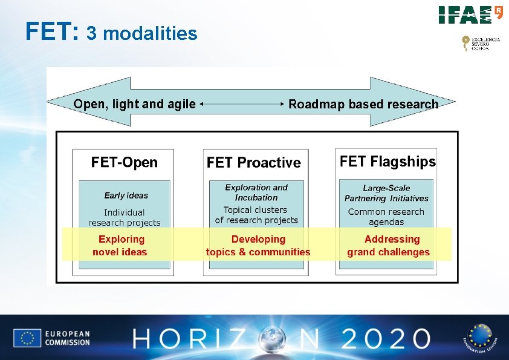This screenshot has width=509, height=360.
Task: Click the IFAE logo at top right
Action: coord(470,15)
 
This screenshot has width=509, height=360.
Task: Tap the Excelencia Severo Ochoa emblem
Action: coord(481,44)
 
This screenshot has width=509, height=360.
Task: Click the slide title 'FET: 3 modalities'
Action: coord(111,32)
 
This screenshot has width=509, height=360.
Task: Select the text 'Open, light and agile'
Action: coord(134,104)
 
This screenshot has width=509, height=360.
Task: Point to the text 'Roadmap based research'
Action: coord(363,104)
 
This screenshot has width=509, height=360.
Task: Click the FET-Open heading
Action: coord(124,162)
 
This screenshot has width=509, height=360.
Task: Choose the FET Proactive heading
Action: coord(253,163)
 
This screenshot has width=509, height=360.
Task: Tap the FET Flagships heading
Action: coord(387,162)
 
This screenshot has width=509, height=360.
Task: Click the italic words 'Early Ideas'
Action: coord(126,195)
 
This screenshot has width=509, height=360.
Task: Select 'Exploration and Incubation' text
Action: coord(256,192)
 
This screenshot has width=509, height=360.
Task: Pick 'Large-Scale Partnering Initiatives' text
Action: coord(386,193)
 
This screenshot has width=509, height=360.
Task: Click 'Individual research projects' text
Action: coord(125,218)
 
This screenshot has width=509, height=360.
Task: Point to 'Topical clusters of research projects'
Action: coord(256,215)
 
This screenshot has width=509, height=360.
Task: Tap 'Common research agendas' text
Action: coord(386,217)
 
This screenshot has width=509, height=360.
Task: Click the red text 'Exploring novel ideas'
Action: coord(120,246)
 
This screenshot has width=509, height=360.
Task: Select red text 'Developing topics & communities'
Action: coord(258,246)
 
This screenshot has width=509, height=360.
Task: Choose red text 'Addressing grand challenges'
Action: coord(389,246)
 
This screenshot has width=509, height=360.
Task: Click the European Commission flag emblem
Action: coord(27,338)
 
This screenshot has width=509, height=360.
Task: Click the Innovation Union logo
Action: coord(478,338)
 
